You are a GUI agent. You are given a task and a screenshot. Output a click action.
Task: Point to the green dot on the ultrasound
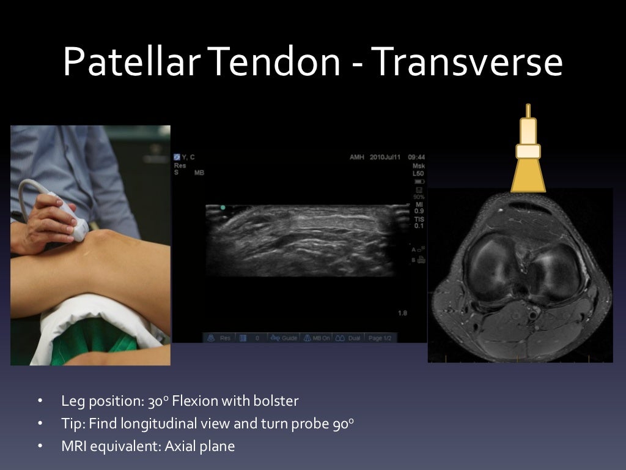[223, 208]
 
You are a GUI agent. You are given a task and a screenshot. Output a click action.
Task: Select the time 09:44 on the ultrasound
[416, 157]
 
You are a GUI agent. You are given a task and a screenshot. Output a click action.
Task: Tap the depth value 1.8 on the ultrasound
[402, 313]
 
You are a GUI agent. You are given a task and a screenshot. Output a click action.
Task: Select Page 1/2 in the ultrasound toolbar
[380, 338]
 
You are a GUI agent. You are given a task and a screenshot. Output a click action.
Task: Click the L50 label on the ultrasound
[418, 173]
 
